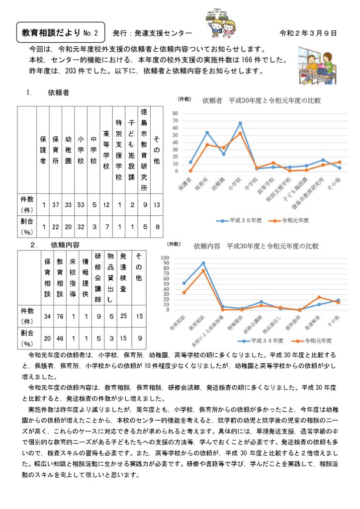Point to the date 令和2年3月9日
coord(308,33)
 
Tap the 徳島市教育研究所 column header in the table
coord(143,149)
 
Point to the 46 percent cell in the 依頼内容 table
coord(60,338)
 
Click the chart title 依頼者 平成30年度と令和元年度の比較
coord(262,100)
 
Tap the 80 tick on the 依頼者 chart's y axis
coord(189,114)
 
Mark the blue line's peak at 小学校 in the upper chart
coord(240,123)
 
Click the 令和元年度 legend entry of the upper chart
coord(290,220)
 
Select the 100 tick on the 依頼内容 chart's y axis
coord(180,258)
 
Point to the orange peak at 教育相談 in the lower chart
coord(203,270)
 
